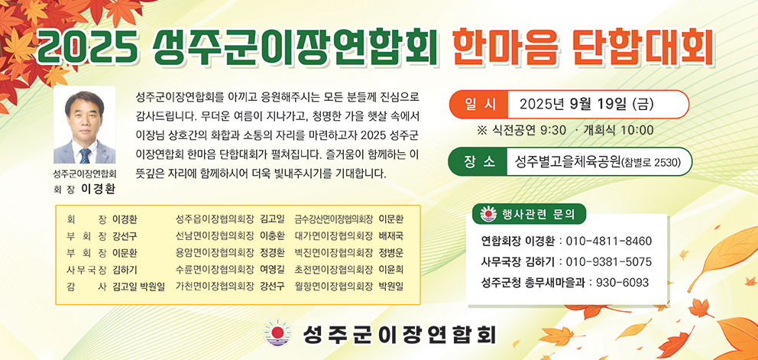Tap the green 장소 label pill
pos(478,161)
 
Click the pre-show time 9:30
pos(553,130)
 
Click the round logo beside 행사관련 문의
pos(489,214)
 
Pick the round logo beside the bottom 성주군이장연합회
pos(278,333)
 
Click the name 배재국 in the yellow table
pos(391,237)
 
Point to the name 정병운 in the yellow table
pos(391,253)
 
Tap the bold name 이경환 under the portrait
pos(99,189)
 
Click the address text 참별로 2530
pos(651,163)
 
